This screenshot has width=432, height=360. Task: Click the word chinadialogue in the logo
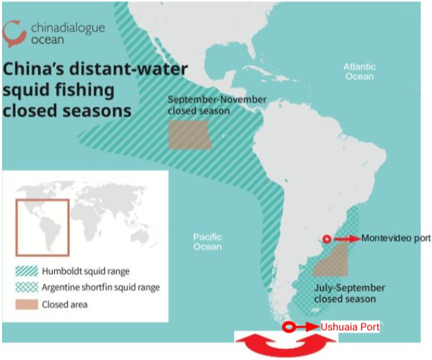point(68,27)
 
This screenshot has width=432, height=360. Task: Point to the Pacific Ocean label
point(207,242)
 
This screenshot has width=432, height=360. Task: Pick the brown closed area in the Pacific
point(189,136)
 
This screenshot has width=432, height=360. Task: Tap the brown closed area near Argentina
point(331,263)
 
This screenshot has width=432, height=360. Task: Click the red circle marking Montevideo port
point(326,238)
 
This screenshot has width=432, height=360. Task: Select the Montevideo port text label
point(396,238)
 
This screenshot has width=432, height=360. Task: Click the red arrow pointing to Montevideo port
point(347,238)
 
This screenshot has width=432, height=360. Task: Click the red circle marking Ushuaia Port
point(289,327)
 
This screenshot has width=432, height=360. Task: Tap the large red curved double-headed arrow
point(287,345)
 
